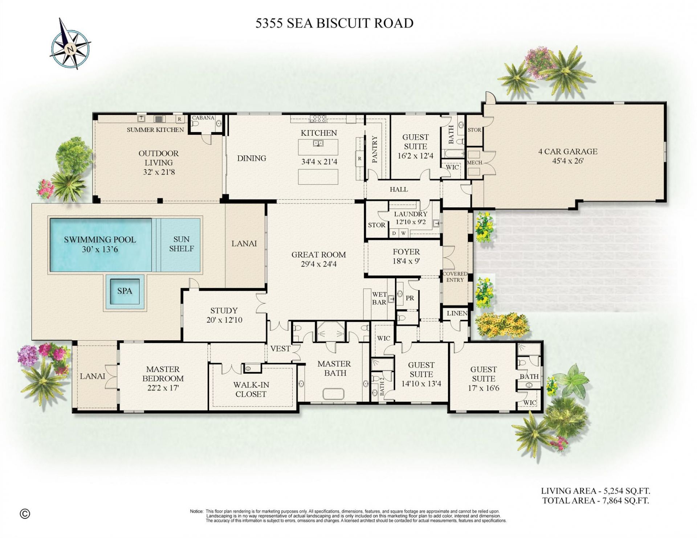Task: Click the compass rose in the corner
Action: [70, 44]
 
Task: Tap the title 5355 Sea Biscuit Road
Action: [334, 23]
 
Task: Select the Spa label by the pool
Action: [125, 291]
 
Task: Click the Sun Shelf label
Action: [181, 244]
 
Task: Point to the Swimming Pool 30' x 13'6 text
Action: [100, 244]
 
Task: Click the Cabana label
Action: [203, 118]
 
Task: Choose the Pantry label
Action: [375, 150]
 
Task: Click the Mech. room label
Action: [474, 163]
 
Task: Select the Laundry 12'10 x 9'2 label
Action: [411, 218]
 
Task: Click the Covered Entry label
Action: [455, 277]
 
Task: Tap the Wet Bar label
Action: [379, 298]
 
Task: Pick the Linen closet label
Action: [457, 313]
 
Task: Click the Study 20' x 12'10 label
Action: [224, 315]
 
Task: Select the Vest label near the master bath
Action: [280, 348]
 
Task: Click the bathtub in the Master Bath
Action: [334, 394]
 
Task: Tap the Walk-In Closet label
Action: [251, 389]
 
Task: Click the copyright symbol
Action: [25, 514]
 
